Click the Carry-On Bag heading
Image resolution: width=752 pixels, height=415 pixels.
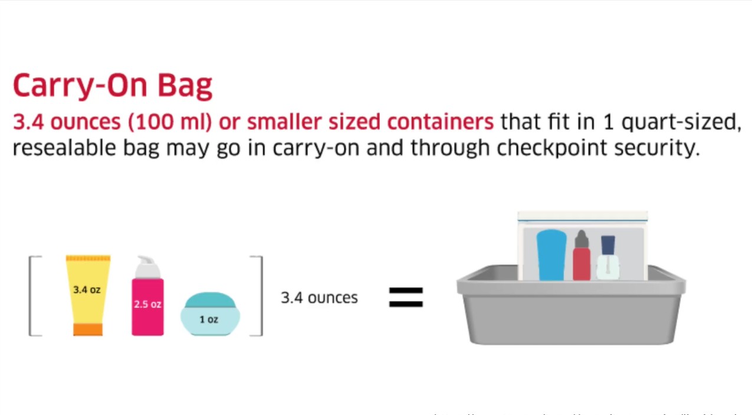click(x=112, y=86)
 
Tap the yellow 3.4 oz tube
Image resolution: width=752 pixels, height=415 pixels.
click(x=88, y=292)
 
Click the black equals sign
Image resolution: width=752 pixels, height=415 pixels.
click(x=406, y=297)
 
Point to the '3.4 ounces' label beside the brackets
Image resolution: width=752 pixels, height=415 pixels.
click(x=319, y=298)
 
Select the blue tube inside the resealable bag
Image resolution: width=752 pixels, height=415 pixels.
click(x=551, y=255)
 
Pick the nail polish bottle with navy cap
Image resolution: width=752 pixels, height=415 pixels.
click(x=607, y=258)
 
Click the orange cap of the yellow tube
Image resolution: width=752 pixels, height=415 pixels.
click(x=88, y=329)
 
